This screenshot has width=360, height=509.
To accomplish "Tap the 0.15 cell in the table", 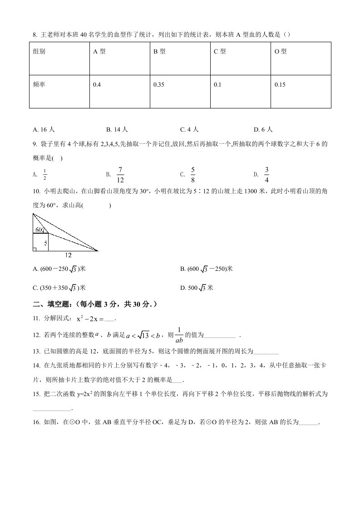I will (x=280, y=85).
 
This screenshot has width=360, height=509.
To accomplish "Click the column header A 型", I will (x=99, y=52).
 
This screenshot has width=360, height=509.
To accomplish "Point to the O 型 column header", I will (x=281, y=52).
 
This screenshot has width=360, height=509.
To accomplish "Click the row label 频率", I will (x=39, y=85).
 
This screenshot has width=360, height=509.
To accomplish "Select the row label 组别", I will (x=39, y=52).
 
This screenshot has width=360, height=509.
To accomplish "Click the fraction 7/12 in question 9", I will (x=120, y=174).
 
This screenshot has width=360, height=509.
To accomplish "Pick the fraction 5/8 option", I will (x=193, y=174).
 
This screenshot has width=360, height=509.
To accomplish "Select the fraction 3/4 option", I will (x=267, y=174).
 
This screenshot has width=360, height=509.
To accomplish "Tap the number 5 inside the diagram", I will (x=45, y=242).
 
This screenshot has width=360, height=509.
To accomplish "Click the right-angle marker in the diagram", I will (x=35, y=249).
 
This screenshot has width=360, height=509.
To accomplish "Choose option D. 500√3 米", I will (x=197, y=288).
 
